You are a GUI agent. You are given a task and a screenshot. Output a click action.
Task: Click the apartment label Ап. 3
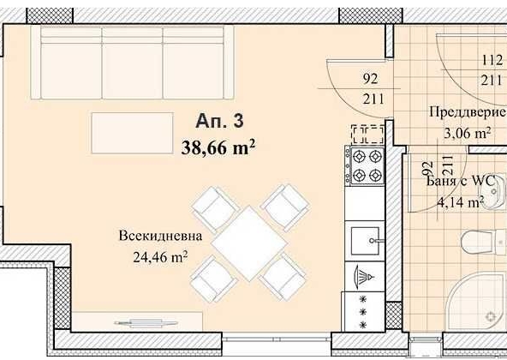tap(218, 122)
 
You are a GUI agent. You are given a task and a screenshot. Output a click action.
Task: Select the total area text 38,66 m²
tap(219, 146)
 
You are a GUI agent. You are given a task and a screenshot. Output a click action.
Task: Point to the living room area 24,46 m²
tap(160, 255)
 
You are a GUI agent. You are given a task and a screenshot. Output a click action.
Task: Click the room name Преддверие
tap(462, 111)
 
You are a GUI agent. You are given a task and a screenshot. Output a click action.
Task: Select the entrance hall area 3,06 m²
tap(466, 132)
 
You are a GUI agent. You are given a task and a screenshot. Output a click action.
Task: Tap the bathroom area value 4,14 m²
tap(460, 202)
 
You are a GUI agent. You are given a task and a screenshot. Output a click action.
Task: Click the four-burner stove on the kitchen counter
tap(367, 166)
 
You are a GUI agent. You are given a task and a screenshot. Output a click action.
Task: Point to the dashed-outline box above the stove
tap(367, 133)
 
